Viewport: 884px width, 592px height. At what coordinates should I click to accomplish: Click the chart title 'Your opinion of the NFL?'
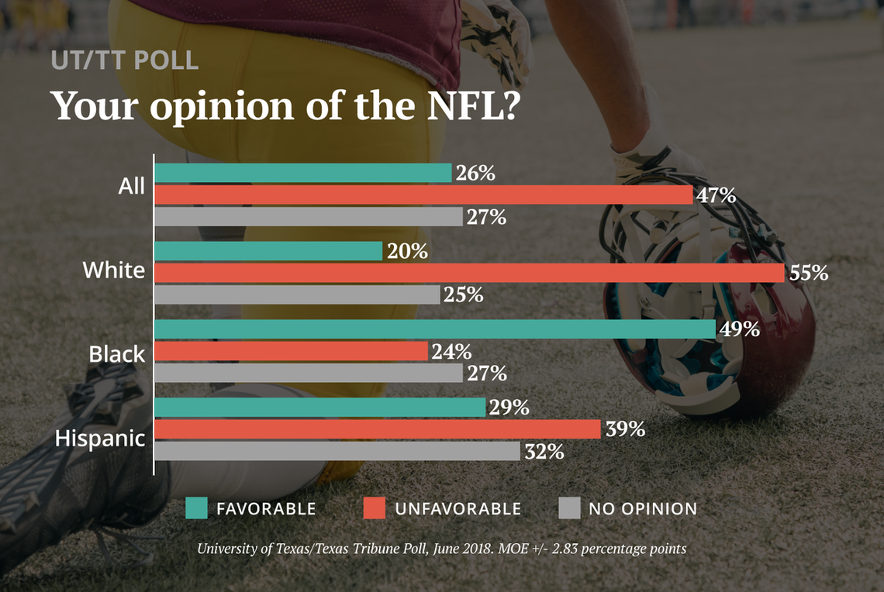(x=285, y=105)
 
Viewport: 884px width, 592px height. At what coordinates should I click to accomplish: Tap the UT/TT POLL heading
(x=125, y=60)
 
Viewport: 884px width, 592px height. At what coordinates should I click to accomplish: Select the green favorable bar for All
(x=302, y=173)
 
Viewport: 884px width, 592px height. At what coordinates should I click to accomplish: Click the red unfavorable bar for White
(x=469, y=273)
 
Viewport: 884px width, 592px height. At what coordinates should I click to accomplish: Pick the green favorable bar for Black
(x=434, y=329)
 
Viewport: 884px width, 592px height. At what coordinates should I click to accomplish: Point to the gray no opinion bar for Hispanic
(x=337, y=451)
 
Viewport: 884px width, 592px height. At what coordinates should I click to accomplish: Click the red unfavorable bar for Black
(x=291, y=351)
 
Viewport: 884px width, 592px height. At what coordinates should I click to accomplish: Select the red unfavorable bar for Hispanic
(x=378, y=429)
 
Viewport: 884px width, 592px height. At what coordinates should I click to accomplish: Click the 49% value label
(x=739, y=329)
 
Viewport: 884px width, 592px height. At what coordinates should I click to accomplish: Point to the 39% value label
(x=625, y=429)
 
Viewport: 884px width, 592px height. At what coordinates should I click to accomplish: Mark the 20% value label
(x=408, y=251)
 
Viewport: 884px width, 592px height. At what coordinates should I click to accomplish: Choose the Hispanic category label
(x=99, y=439)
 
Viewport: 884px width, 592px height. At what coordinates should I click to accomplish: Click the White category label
(x=113, y=270)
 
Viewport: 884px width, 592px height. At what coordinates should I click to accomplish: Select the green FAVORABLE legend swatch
(x=197, y=508)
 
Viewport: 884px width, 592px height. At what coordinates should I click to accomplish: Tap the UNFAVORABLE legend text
(x=458, y=509)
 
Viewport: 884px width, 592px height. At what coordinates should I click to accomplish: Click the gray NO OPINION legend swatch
(x=569, y=508)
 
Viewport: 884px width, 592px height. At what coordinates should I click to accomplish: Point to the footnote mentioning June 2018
(x=441, y=549)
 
